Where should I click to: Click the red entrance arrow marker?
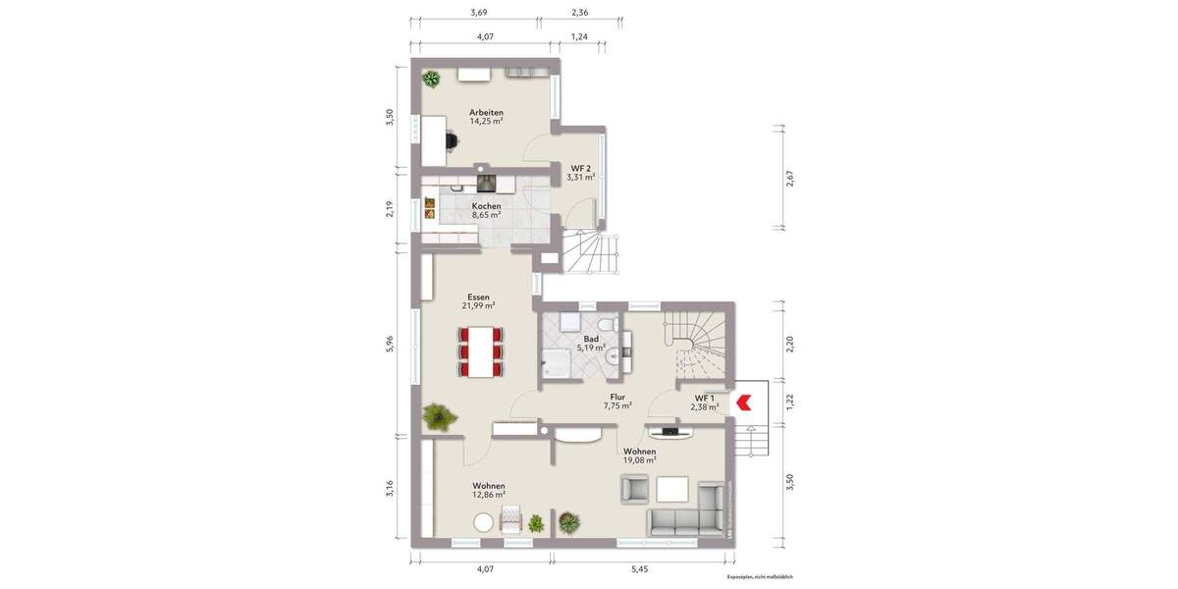(743, 401)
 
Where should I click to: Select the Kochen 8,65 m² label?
(486, 210)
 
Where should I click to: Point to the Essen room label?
(478, 300)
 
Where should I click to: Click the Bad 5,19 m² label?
(591, 343)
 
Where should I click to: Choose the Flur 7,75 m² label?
(617, 401)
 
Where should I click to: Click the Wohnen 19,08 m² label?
(639, 455)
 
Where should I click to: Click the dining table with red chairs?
(480, 351)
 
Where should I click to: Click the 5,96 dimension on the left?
(390, 344)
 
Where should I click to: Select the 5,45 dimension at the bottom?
(639, 568)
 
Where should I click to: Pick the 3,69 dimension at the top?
(479, 13)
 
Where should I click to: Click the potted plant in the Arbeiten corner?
(431, 80)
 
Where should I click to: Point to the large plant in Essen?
(440, 416)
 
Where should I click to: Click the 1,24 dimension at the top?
(579, 36)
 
